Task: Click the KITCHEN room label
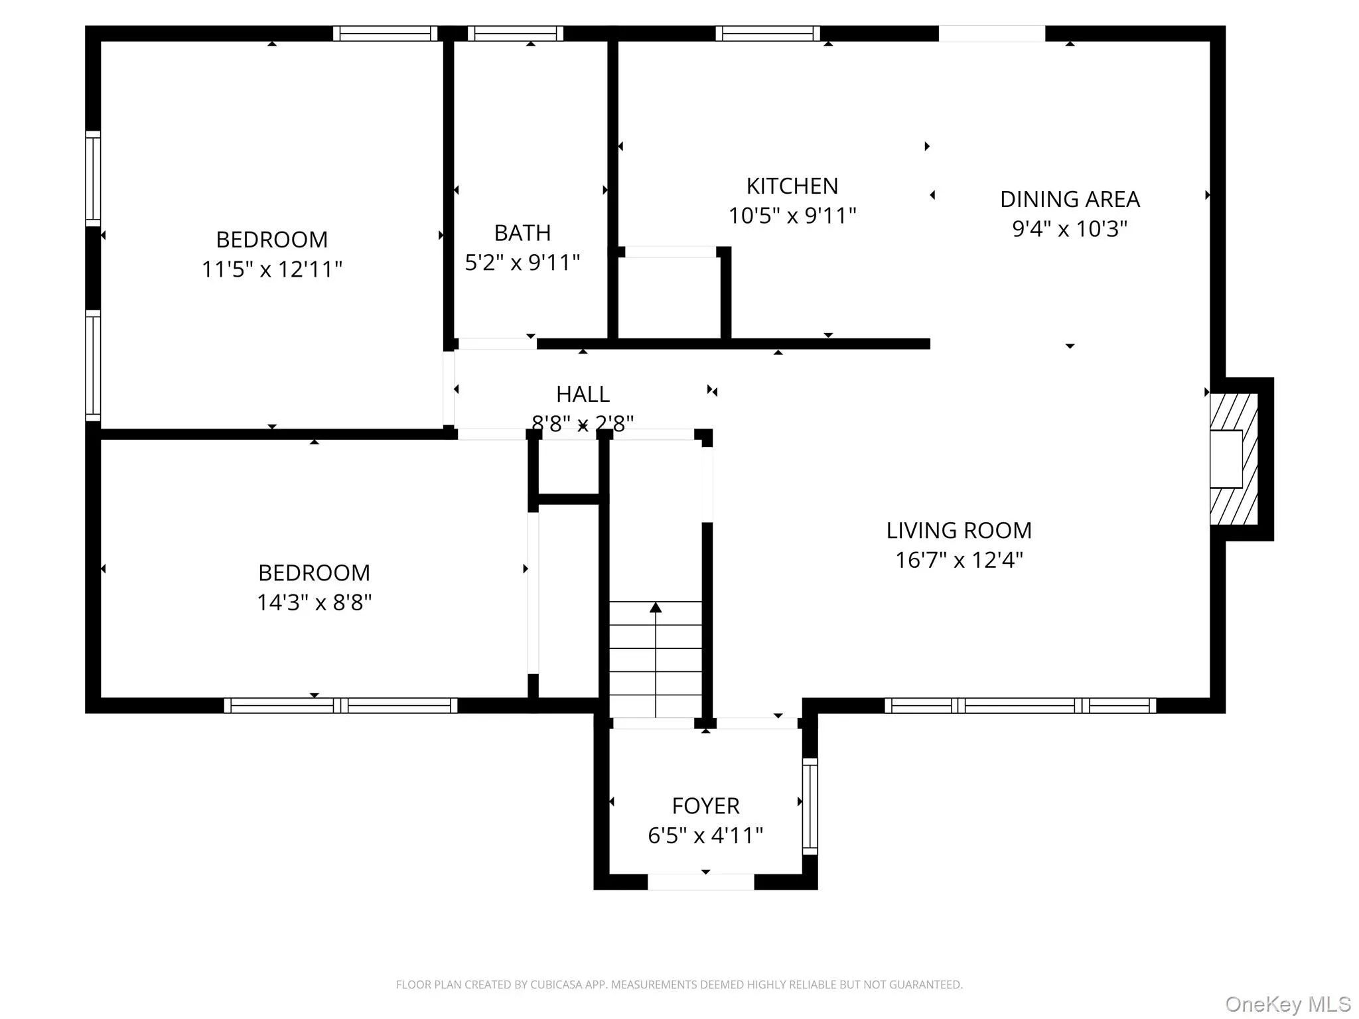point(792,186)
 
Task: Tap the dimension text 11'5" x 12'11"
point(271,269)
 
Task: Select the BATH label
point(522,233)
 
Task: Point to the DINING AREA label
point(1069,199)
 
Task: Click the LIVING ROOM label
point(958,530)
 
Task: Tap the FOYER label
point(705,805)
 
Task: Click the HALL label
point(582,394)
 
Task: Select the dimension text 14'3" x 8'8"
point(314,602)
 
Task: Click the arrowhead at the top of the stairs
point(655,607)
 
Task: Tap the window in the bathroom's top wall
point(515,33)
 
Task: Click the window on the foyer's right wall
point(810,806)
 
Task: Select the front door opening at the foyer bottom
point(700,882)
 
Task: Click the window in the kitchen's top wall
point(767,33)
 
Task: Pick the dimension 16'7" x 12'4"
point(958,561)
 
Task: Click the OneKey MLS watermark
point(1287,1004)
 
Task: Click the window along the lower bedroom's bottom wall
point(340,705)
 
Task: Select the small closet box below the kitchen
point(669,297)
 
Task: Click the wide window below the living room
point(1020,705)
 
